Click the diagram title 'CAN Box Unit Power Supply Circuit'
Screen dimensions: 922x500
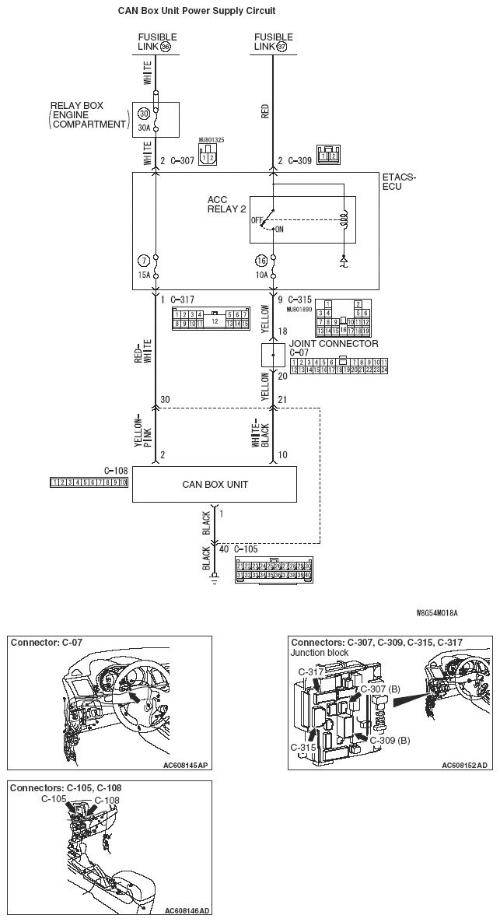197,11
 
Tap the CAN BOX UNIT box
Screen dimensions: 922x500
215,484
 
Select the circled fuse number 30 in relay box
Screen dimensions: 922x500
144,113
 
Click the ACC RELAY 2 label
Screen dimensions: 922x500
226,204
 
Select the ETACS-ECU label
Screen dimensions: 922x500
399,182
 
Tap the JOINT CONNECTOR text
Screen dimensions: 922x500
334,343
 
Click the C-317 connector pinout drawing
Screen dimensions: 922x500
211,318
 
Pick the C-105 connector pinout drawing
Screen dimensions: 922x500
274,569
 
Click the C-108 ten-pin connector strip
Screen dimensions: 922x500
89,482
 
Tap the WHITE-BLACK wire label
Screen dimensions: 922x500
261,430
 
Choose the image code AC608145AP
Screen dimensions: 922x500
186,765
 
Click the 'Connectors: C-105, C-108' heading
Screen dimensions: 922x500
65,787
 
